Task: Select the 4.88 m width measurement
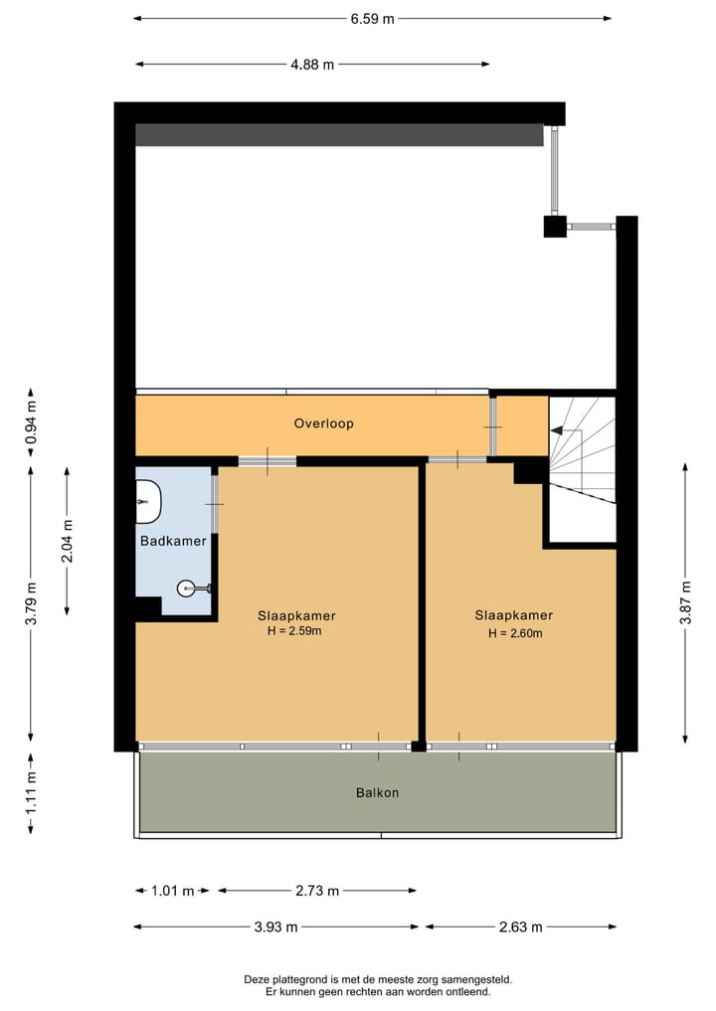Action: point(312,65)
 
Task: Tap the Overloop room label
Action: point(323,423)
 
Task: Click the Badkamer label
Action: point(173,542)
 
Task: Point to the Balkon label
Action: point(377,793)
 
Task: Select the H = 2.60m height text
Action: point(513,633)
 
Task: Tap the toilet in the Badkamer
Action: point(148,496)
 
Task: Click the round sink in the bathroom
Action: point(188,589)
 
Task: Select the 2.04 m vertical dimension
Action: point(67,541)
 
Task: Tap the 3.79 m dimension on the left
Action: point(31,602)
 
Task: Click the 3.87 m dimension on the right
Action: point(685,601)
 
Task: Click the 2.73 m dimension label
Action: point(317,891)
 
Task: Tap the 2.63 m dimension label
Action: point(521,927)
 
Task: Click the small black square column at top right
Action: point(555,227)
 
